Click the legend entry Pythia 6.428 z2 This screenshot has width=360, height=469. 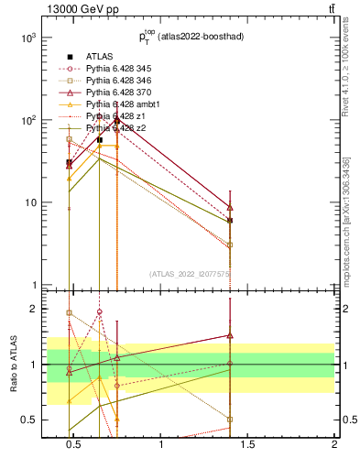(113, 128)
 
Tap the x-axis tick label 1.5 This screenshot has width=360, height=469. (247, 445)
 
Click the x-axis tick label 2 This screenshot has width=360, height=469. (333, 445)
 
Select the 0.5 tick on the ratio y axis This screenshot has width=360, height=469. (28, 420)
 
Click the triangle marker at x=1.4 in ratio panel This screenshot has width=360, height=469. (230, 335)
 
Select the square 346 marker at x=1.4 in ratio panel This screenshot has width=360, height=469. (230, 419)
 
